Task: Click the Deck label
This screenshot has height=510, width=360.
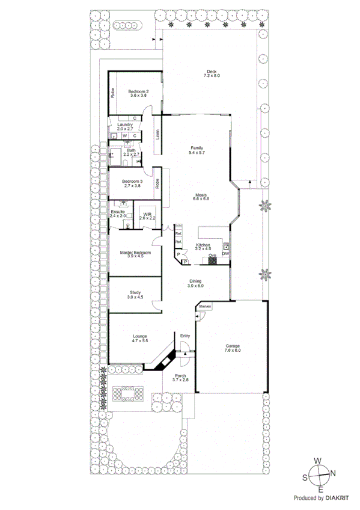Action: [212, 70]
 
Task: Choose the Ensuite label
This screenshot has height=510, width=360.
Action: [118, 212]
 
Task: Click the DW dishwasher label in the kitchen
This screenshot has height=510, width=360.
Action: [225, 255]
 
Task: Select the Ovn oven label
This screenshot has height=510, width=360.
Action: [212, 256]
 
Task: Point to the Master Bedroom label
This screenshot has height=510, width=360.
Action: [135, 253]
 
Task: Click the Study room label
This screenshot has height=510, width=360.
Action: [135, 292]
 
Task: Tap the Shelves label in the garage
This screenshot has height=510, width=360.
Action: [205, 307]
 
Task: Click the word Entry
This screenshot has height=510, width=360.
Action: [185, 336]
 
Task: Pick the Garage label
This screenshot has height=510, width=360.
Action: [233, 346]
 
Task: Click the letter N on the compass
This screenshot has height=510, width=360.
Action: [333, 473]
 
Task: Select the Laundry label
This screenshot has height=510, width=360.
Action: [129, 124]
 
